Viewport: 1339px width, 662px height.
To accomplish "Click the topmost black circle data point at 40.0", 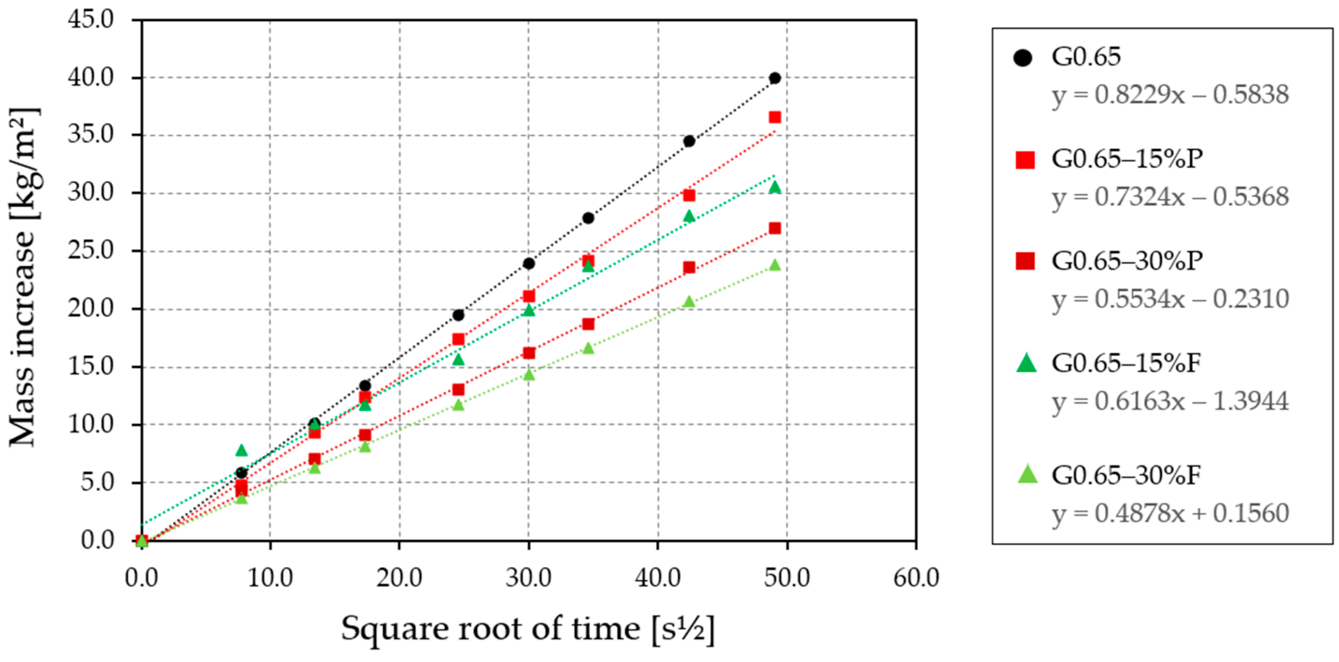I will (x=775, y=78).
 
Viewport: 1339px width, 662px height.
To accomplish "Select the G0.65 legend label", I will (x=1086, y=57).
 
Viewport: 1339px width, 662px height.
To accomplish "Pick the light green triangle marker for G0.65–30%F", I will (x=1027, y=474).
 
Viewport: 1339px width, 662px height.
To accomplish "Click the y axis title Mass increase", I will (x=23, y=278).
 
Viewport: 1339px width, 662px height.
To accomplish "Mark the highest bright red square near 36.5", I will (x=775, y=117).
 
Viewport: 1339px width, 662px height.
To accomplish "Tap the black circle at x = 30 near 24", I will (x=529, y=264).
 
